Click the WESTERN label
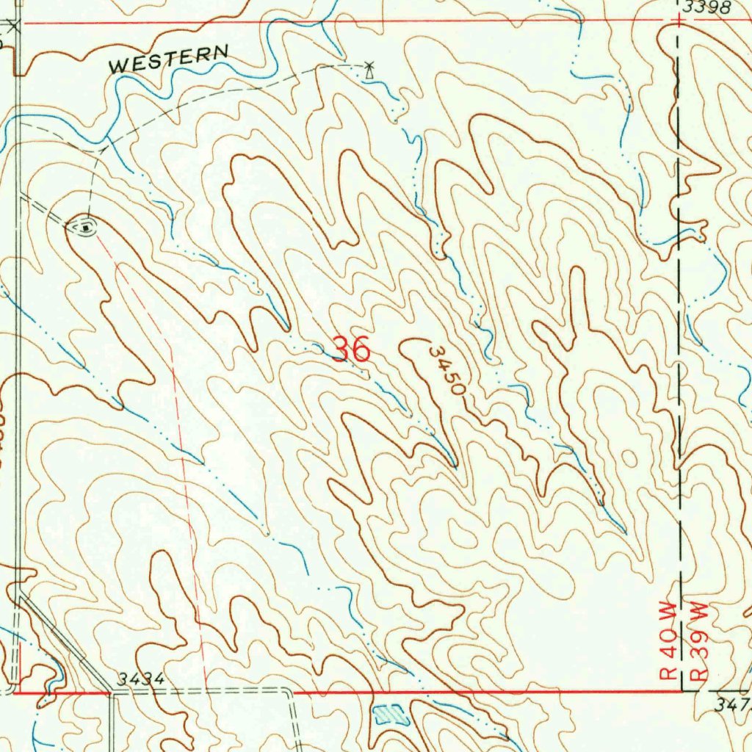pyautogui.click(x=169, y=59)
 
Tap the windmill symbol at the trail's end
pyautogui.click(x=369, y=70)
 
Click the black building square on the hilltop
pyautogui.click(x=87, y=228)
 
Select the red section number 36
pyautogui.click(x=351, y=350)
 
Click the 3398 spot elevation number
pyautogui.click(x=706, y=8)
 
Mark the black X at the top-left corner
pyautogui.click(x=13, y=26)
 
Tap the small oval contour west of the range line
pyautogui.click(x=629, y=458)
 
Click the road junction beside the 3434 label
pyautogui.click(x=111, y=691)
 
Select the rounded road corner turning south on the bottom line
pyautogui.click(x=288, y=693)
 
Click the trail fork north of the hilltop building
pyautogui.click(x=101, y=150)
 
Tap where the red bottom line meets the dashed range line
pyautogui.click(x=683, y=691)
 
